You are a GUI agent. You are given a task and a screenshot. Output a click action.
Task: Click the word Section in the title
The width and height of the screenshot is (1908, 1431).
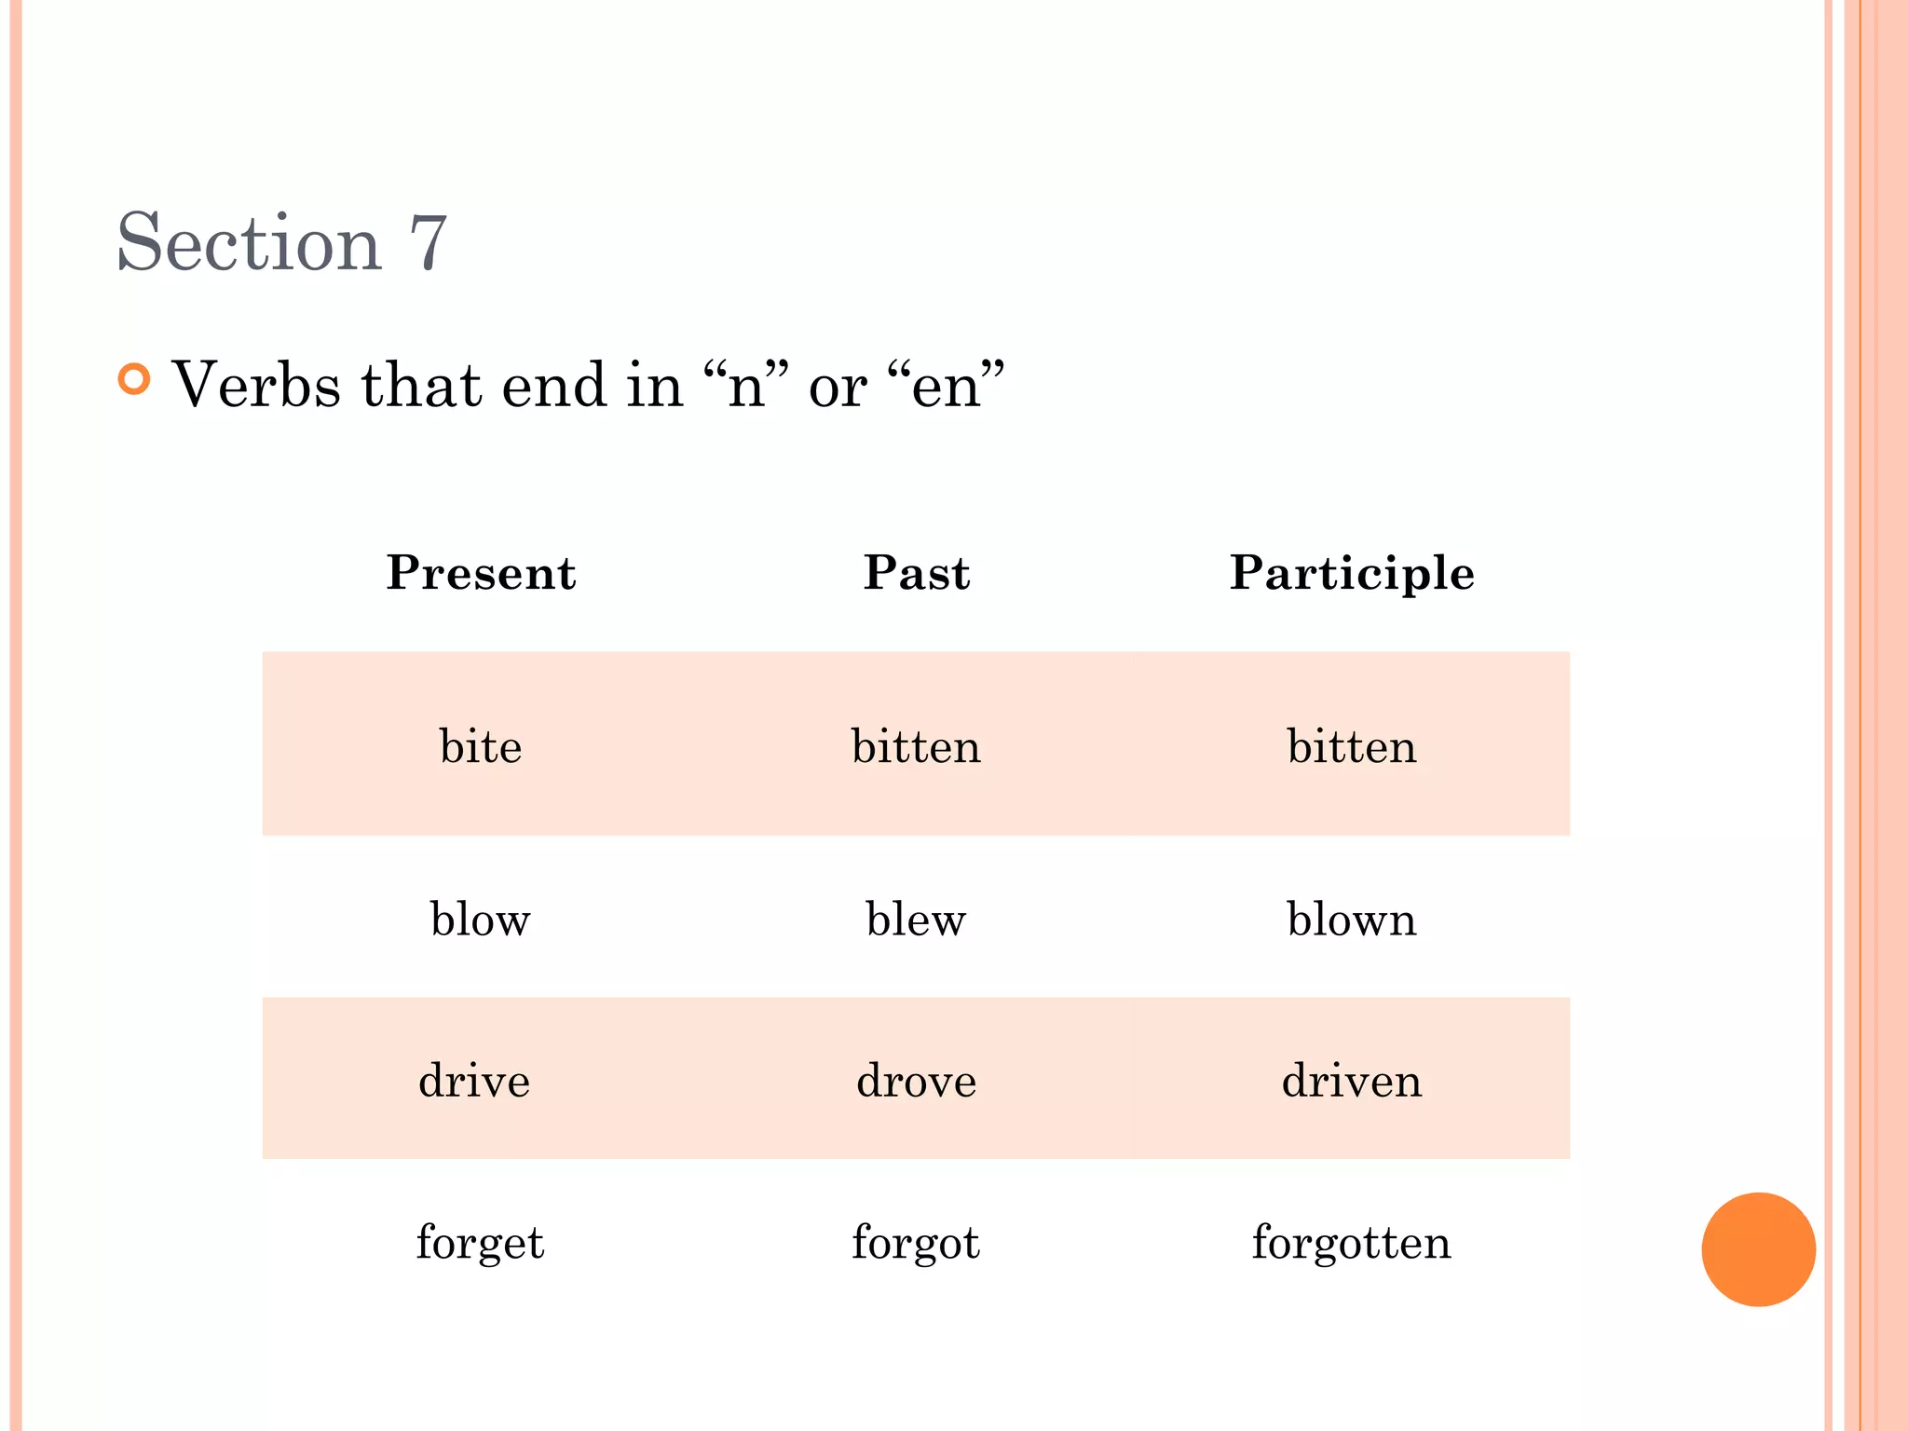(x=249, y=242)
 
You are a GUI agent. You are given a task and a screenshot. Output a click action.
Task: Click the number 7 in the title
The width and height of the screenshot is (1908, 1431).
(x=429, y=244)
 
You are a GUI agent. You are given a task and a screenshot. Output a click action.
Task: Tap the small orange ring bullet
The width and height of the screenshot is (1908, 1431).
(x=135, y=379)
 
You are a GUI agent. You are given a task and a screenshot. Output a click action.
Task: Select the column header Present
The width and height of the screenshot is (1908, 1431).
(x=481, y=572)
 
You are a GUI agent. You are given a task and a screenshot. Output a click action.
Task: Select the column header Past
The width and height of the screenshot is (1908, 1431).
(x=917, y=572)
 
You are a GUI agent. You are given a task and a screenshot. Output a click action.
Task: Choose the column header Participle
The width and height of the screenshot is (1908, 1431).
(x=1352, y=573)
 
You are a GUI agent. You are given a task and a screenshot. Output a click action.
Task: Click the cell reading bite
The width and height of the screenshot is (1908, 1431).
(x=481, y=746)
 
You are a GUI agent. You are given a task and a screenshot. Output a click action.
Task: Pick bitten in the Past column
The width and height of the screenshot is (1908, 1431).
(x=917, y=746)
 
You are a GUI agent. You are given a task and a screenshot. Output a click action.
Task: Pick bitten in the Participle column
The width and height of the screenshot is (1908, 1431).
(x=1352, y=746)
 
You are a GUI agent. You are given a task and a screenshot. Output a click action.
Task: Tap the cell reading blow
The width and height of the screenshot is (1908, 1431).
(x=481, y=920)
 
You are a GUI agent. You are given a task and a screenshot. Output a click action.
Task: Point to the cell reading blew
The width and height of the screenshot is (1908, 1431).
(x=917, y=920)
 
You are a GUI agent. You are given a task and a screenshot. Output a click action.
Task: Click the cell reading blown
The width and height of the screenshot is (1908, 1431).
(x=1352, y=920)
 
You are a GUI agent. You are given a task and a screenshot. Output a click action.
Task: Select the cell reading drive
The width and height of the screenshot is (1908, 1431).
(x=474, y=1081)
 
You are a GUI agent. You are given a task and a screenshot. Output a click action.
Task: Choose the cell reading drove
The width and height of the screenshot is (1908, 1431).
(x=917, y=1081)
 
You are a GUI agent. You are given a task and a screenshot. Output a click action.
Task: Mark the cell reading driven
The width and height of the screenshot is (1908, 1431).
(x=1352, y=1081)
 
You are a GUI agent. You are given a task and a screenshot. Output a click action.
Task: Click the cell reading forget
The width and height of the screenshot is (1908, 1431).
(x=481, y=1243)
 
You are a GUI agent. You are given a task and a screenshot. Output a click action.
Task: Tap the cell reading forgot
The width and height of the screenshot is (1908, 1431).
(x=917, y=1243)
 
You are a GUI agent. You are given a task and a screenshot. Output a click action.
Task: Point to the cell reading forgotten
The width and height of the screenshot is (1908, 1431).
(x=1352, y=1243)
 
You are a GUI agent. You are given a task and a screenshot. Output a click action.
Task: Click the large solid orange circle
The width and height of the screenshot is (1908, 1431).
(x=1758, y=1249)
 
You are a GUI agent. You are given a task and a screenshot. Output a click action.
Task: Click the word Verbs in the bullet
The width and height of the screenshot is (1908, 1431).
(x=256, y=384)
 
